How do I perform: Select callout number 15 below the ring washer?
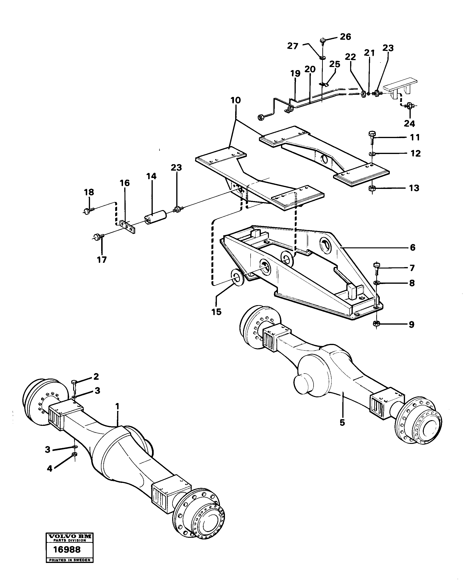pos(217,312)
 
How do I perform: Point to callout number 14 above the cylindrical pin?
pos(151,176)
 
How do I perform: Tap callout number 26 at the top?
pos(345,37)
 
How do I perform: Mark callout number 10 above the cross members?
pos(236,100)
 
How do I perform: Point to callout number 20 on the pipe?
pos(310,69)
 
